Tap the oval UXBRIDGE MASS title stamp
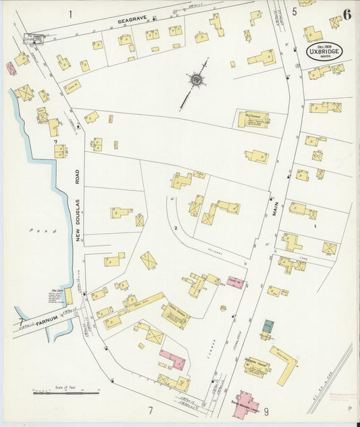(x=326, y=51)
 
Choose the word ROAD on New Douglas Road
(x=78, y=177)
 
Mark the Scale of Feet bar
(x=66, y=393)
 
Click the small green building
(x=268, y=326)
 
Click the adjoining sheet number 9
(x=266, y=410)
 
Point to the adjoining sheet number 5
(x=294, y=11)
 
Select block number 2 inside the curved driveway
(x=176, y=228)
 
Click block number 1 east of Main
(x=314, y=227)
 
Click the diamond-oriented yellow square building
(x=149, y=260)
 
